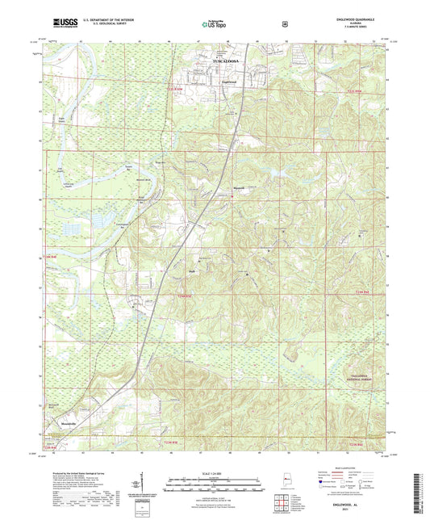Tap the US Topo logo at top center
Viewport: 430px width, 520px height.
(x=213, y=24)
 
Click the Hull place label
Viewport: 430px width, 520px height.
(x=194, y=271)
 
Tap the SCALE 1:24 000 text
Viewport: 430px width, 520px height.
(x=215, y=472)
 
